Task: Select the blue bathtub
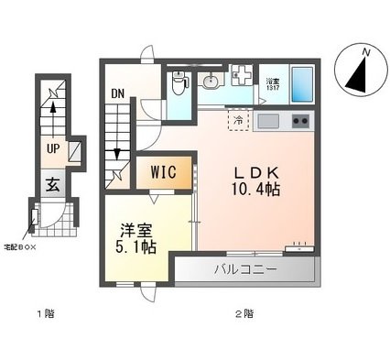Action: click(302, 84)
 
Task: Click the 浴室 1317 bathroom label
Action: click(273, 84)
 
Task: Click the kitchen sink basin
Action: click(268, 121)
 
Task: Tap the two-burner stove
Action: click(300, 121)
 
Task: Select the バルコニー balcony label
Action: click(245, 270)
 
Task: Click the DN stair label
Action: click(118, 93)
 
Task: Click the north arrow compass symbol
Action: click(357, 71)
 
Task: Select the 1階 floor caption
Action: click(46, 314)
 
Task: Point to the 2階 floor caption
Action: click(244, 314)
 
